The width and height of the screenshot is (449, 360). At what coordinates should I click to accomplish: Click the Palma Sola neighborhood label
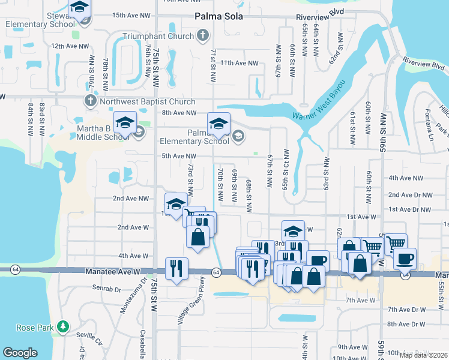(x=218, y=16)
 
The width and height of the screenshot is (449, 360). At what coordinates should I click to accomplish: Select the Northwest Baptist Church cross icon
(x=91, y=100)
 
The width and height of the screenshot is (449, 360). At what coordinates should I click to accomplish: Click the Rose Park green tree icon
(x=63, y=327)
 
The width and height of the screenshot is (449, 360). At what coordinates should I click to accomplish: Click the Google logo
(x=20, y=352)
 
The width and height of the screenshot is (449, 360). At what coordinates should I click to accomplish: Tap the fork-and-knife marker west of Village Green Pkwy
(x=177, y=268)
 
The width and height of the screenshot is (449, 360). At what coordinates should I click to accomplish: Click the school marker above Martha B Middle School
(x=125, y=123)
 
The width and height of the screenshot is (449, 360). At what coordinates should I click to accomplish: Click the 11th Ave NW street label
(x=239, y=63)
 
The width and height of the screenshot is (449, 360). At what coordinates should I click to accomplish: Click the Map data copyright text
(x=423, y=355)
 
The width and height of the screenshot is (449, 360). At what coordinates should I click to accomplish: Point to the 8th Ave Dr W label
(x=406, y=324)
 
